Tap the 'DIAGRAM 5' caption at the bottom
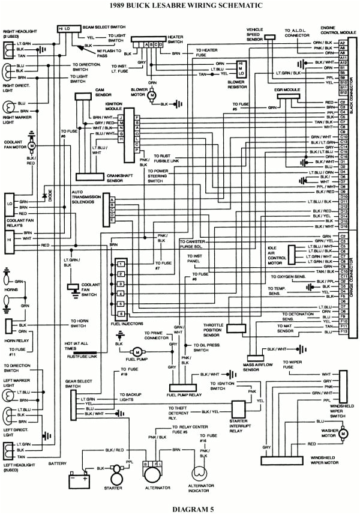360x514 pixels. tap(179, 509)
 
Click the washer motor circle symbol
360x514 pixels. tap(344, 432)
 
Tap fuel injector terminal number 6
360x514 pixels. tap(121, 314)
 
